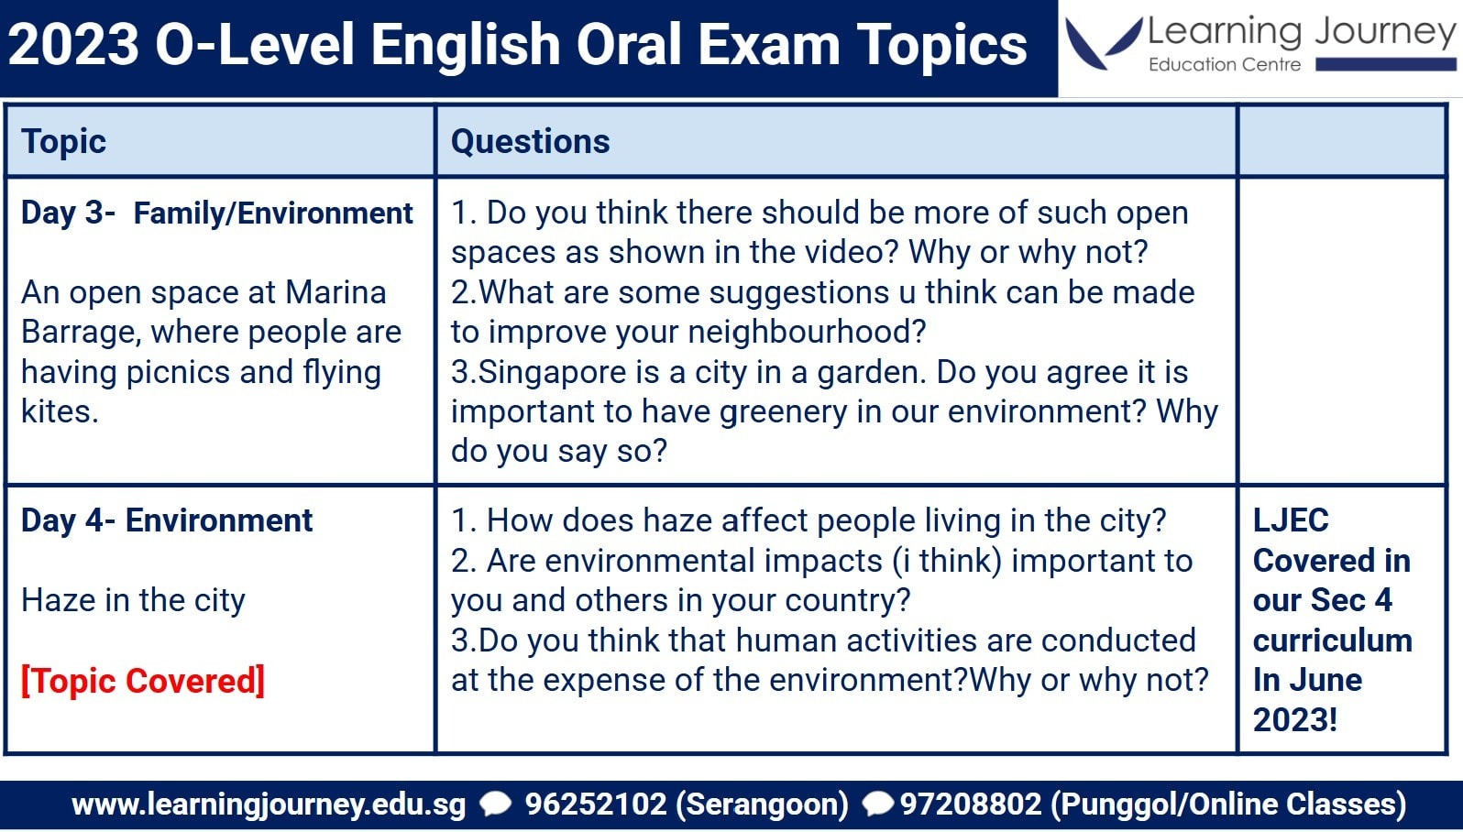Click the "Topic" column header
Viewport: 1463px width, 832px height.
pos(63,142)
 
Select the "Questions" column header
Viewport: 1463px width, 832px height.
pos(531,142)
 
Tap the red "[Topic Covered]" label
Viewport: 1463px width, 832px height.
pos(143,681)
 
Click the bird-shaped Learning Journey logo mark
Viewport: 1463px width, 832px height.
pos(1103,42)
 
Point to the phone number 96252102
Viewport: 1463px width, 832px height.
pos(595,804)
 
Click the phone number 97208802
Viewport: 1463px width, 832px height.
pos(971,804)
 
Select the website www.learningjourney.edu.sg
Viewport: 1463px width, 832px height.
pos(269,805)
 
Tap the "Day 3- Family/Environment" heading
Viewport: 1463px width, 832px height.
pos(217,213)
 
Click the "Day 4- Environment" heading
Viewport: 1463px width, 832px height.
pos(167,520)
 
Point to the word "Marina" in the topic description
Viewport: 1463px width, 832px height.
pos(335,292)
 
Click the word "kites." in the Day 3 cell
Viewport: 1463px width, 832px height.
pos(60,411)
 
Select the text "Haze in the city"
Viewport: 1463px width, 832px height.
pos(133,600)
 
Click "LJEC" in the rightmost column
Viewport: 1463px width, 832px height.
pos(1291,520)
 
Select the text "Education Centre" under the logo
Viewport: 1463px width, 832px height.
pos(1225,65)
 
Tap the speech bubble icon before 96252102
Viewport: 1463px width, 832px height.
pos(496,804)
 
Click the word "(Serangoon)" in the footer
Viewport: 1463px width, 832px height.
pos(762,805)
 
